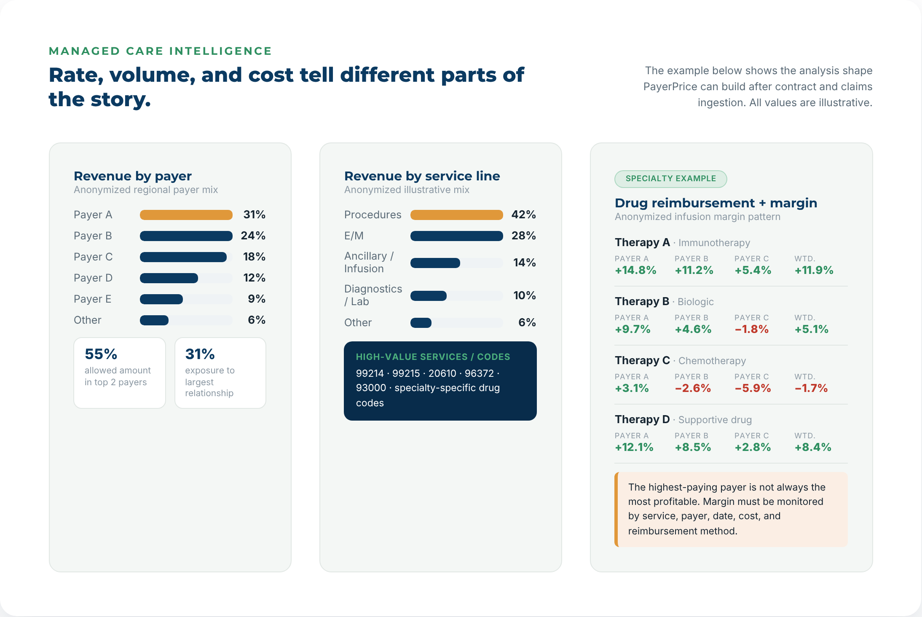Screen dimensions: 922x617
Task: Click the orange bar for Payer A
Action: coord(186,215)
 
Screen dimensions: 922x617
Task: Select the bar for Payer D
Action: coord(169,278)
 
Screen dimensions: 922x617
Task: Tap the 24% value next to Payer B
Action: coord(253,236)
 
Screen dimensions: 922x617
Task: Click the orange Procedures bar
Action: coord(456,215)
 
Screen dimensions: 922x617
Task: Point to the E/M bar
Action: coord(456,236)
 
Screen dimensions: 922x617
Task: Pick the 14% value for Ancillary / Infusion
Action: coord(524,263)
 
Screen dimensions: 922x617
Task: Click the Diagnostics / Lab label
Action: coord(373,295)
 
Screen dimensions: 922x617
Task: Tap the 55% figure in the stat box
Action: coord(101,354)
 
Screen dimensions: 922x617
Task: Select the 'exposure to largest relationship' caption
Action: coord(209,382)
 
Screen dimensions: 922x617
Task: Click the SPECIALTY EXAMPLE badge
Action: coord(670,179)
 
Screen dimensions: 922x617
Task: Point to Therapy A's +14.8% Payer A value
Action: coord(635,270)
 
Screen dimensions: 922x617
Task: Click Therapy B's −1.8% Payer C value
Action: coord(752,329)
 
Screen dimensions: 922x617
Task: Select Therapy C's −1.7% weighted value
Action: coord(811,388)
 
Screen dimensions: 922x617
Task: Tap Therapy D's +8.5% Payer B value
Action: coord(693,447)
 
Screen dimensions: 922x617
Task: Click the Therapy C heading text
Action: coord(642,360)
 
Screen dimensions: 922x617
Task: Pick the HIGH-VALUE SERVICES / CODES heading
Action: coord(433,357)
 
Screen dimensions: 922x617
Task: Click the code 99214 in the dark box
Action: coord(370,373)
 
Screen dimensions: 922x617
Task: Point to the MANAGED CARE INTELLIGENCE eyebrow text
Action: coord(160,51)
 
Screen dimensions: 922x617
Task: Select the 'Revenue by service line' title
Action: coord(422,176)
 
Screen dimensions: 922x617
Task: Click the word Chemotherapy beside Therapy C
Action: coord(712,361)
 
